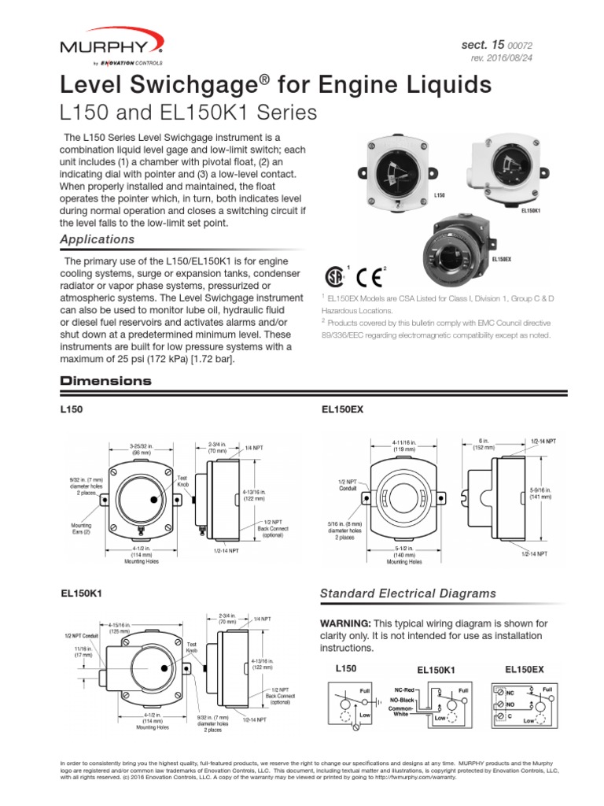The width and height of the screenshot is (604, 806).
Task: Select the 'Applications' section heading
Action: pos(98,239)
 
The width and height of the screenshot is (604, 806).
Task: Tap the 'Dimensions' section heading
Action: pos(105,381)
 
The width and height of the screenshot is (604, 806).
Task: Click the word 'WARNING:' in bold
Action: pos(343,623)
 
